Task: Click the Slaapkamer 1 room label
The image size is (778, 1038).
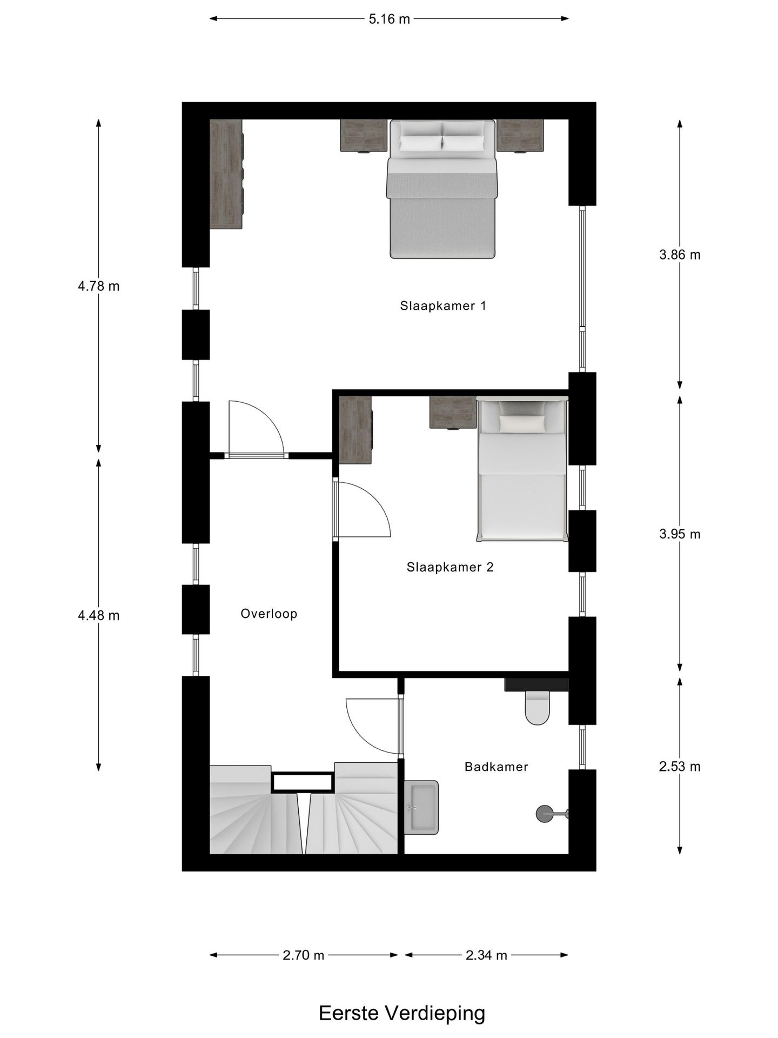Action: point(443,306)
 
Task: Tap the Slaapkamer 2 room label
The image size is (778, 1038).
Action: point(450,567)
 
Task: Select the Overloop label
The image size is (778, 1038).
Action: point(269,614)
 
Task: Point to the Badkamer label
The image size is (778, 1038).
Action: point(496,767)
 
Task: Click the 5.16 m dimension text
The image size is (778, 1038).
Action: point(389,19)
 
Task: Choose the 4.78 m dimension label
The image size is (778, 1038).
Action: point(99,286)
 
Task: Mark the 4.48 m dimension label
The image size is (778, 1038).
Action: point(99,615)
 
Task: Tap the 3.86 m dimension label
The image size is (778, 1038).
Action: point(680,255)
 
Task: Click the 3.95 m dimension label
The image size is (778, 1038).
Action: point(680,534)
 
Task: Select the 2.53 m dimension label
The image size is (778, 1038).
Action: point(680,767)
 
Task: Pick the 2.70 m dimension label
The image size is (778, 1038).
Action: point(304,955)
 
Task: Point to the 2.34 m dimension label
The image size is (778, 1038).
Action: point(486,955)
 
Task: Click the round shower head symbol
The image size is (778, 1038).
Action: point(544,814)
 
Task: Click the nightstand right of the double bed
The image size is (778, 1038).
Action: point(520,136)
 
